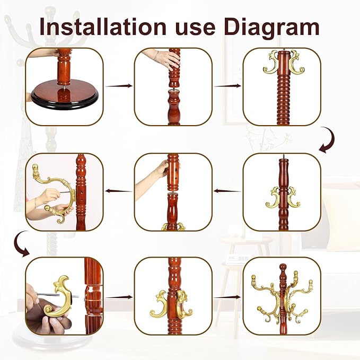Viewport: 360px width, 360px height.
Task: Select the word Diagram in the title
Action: click(x=272, y=28)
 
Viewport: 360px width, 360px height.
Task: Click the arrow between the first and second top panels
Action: click(x=119, y=86)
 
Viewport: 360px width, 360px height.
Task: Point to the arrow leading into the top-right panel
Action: click(x=227, y=86)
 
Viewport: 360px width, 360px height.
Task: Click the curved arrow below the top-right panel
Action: click(x=327, y=140)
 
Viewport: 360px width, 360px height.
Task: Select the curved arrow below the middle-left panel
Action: click(x=19, y=244)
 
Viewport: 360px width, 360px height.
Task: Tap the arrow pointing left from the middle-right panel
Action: click(x=227, y=190)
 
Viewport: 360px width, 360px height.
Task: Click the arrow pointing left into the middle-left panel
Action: click(x=119, y=190)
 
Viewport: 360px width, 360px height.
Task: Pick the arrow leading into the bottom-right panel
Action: click(x=227, y=297)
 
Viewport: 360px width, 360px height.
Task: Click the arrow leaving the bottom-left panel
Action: click(x=119, y=297)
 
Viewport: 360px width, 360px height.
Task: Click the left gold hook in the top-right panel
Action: click(x=271, y=62)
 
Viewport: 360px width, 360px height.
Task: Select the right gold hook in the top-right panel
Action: click(x=297, y=62)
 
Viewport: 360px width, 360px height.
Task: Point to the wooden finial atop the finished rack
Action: click(x=283, y=271)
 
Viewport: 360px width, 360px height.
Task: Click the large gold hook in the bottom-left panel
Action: click(x=60, y=296)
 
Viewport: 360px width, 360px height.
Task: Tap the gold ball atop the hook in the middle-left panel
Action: click(x=36, y=167)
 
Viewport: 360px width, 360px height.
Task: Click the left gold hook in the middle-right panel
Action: click(x=273, y=199)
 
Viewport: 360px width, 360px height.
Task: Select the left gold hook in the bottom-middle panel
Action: click(x=159, y=303)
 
